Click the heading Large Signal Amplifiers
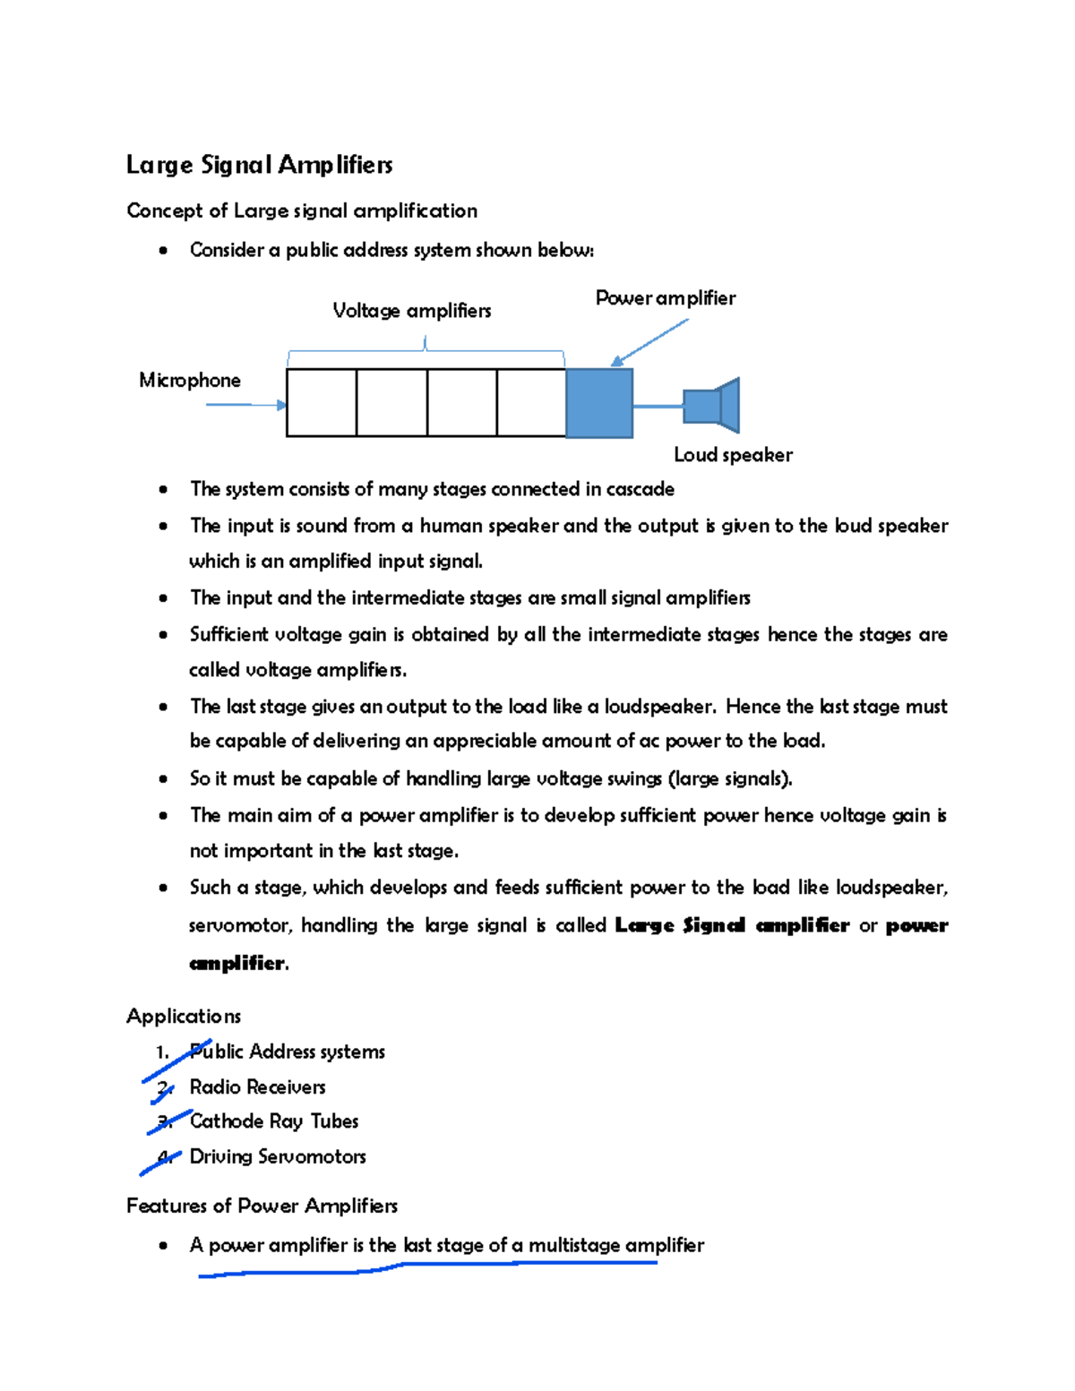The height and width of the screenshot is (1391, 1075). point(259,165)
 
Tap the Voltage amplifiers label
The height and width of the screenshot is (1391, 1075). point(411,311)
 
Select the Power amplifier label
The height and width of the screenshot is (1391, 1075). point(665,298)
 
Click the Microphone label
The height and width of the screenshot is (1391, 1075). point(189,381)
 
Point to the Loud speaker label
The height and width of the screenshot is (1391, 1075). point(732,455)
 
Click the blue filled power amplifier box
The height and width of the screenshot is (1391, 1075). point(599,403)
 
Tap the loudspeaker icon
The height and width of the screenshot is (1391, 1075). point(712,405)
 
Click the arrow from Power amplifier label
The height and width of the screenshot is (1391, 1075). point(649,343)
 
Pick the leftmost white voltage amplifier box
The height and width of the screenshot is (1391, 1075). point(322,403)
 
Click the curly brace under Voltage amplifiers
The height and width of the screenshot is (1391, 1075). point(426,349)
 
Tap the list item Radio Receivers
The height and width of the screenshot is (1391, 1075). point(257,1087)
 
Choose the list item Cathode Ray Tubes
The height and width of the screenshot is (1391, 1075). point(273,1121)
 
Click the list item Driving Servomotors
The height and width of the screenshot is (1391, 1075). point(277,1157)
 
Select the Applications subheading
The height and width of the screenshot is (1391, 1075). point(184,1017)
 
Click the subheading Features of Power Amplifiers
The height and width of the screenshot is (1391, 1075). point(262,1206)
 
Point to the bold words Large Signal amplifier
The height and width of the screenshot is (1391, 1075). point(731,925)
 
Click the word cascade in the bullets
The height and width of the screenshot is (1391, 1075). point(640,489)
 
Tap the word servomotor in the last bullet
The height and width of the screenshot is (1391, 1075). point(238,925)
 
